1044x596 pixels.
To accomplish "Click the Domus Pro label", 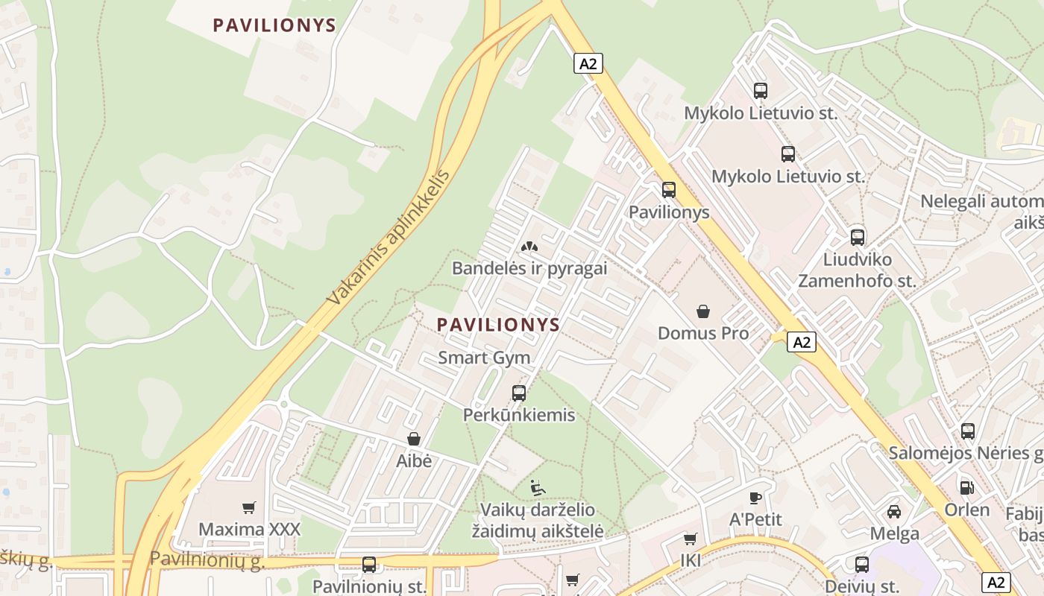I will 702,333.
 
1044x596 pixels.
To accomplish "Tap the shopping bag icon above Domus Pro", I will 702,311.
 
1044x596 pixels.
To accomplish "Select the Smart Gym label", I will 484,358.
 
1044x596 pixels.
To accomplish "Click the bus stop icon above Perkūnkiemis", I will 519,393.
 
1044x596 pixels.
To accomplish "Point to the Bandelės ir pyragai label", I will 529,268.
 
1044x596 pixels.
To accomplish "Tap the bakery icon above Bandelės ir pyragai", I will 529,246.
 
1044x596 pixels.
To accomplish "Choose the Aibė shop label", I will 414,461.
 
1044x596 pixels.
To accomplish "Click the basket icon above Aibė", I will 414,439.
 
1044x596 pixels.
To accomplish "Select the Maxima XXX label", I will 249,530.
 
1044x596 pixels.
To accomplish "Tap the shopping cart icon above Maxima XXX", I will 249,507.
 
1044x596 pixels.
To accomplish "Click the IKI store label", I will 691,560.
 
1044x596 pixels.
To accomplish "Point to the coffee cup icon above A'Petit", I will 755,497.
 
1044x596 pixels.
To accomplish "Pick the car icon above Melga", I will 894,511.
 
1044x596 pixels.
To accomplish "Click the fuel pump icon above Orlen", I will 966,487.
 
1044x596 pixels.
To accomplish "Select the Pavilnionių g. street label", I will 207,559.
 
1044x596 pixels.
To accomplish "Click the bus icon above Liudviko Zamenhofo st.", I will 858,238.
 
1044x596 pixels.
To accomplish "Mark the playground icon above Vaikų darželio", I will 537,488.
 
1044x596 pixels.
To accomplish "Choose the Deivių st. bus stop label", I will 862,586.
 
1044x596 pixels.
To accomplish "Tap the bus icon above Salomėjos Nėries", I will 968,431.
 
